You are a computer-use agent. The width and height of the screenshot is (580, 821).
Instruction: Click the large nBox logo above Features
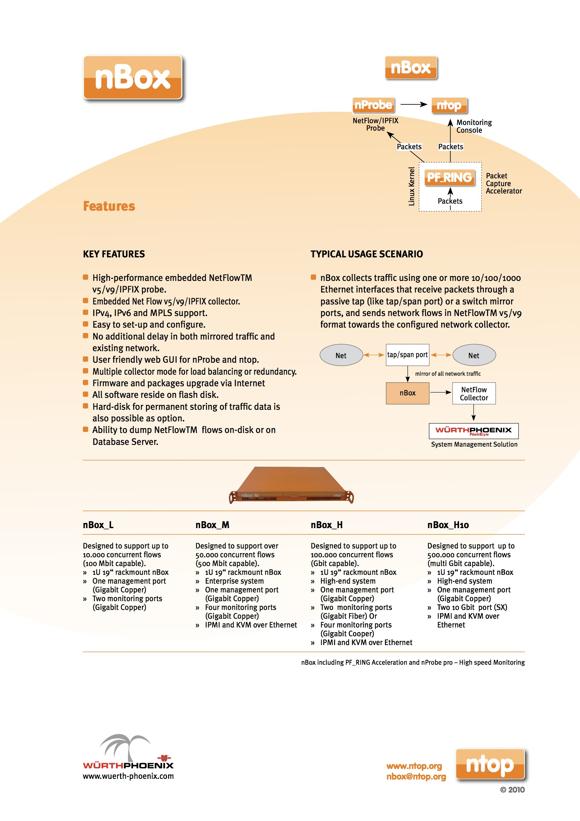[133, 77]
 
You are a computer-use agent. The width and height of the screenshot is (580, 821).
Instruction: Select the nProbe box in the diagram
[373, 105]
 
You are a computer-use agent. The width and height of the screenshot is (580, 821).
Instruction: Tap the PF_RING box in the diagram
[449, 177]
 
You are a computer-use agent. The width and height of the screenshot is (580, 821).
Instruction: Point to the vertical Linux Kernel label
[411, 186]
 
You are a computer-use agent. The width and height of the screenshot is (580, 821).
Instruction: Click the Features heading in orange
[109, 206]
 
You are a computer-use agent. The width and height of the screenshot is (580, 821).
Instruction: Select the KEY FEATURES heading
[114, 254]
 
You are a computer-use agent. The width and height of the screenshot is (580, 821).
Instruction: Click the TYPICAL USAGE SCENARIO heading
[366, 254]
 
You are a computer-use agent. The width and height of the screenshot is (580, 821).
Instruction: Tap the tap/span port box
[407, 355]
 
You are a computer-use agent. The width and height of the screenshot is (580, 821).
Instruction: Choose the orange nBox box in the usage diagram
[407, 393]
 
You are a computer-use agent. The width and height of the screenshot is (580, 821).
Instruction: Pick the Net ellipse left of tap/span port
[341, 355]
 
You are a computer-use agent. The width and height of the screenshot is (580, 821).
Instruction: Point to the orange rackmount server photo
[291, 485]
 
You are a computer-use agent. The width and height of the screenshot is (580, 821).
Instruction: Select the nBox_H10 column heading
[448, 525]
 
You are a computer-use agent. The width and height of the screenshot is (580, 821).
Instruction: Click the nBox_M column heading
[212, 525]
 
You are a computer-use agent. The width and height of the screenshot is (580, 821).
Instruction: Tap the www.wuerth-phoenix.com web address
[128, 776]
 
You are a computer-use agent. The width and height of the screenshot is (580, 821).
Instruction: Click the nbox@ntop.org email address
[416, 776]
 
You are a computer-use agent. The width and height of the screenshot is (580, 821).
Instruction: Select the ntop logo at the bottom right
[489, 764]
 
